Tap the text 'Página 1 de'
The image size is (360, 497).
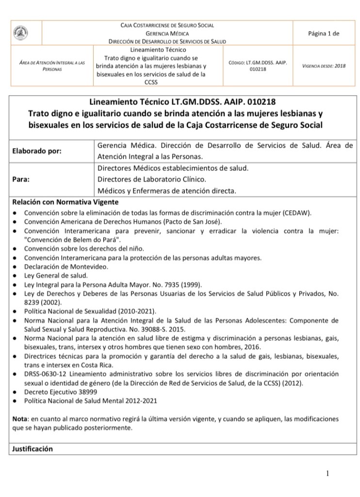click(x=323, y=33)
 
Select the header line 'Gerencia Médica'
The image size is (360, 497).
click(x=166, y=33)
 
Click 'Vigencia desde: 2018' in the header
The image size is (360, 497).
click(x=324, y=66)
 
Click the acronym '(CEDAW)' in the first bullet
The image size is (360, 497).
click(x=295, y=213)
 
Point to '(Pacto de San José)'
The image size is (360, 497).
click(x=192, y=222)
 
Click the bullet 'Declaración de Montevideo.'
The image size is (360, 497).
click(x=66, y=266)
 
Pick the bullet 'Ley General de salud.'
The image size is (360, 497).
click(x=56, y=275)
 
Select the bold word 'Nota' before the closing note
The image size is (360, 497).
click(x=19, y=418)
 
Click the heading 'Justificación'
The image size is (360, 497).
click(x=32, y=449)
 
